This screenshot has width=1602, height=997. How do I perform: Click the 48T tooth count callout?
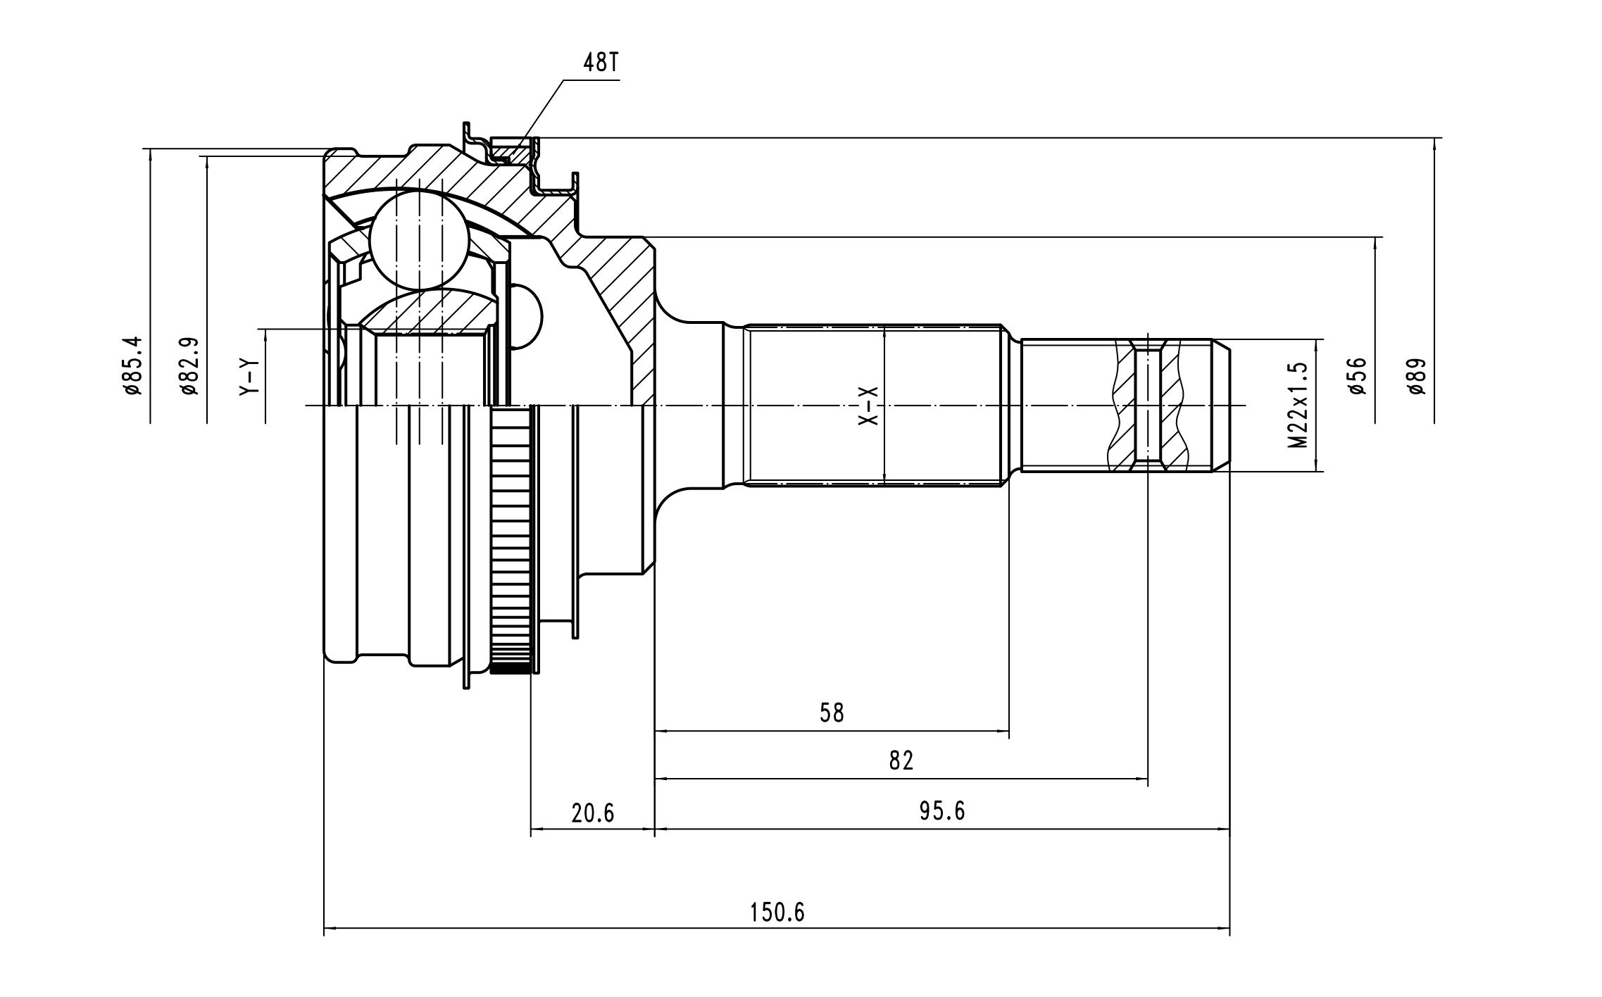(601, 63)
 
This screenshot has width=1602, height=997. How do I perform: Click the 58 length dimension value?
(832, 713)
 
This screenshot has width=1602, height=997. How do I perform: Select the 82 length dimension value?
(901, 761)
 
